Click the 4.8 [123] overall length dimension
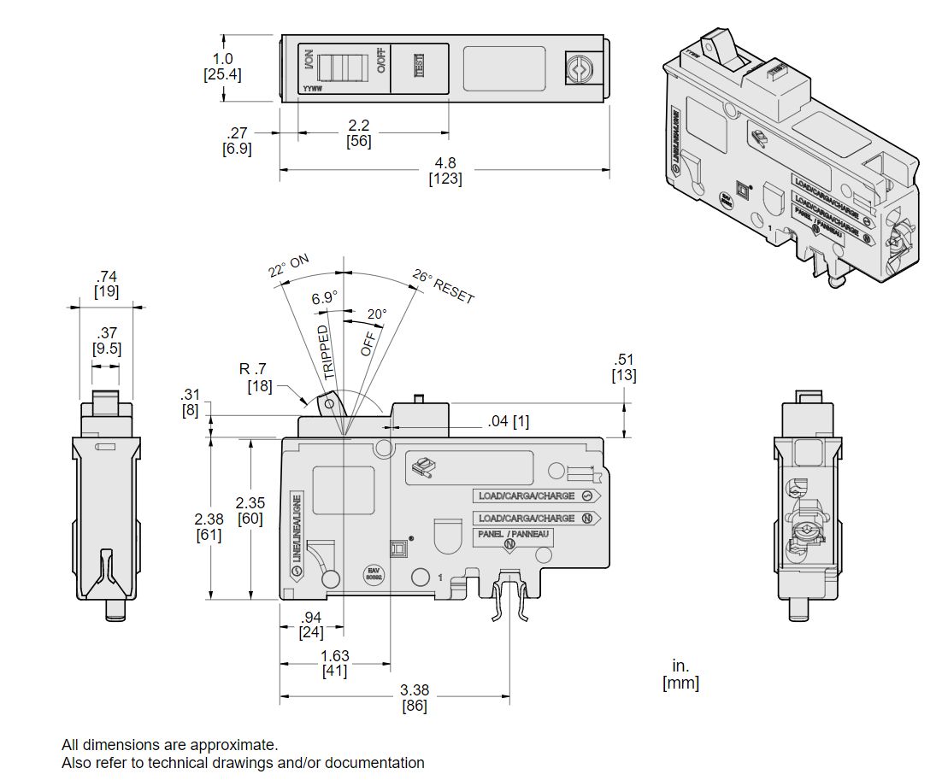point(445,170)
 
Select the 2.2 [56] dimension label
point(359,133)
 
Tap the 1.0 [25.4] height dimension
point(222,67)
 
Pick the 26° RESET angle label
point(443,286)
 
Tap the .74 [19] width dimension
point(107,284)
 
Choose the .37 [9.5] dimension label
point(106,340)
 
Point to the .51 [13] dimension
point(624,367)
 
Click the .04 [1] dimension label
point(509,421)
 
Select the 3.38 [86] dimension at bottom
point(414,697)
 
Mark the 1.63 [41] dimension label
point(335,663)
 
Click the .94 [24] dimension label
point(310,625)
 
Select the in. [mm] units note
point(680,674)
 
